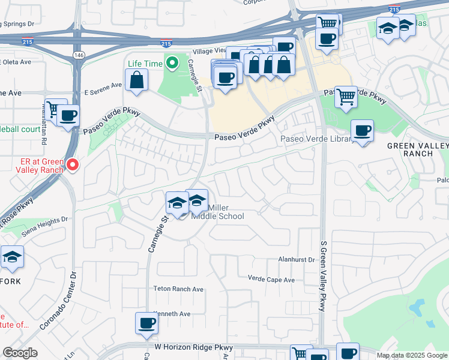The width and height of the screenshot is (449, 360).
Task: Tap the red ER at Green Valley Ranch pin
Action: [73, 164]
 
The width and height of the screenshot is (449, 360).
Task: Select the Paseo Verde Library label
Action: [316, 139]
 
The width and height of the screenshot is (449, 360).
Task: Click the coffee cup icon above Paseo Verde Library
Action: [362, 130]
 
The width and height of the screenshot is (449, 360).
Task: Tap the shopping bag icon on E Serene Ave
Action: [137, 79]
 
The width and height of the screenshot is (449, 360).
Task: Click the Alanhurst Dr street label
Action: [296, 260]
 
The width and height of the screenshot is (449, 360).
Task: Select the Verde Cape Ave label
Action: [271, 280]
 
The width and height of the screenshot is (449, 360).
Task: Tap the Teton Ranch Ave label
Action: [178, 289]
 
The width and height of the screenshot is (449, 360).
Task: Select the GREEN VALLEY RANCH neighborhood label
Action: [418, 149]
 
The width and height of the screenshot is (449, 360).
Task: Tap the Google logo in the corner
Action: [20, 353]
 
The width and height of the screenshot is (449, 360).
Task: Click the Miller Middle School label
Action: [217, 212]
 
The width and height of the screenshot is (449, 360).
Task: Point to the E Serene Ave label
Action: [103, 92]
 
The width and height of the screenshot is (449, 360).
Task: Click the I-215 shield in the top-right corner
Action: [394, 9]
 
